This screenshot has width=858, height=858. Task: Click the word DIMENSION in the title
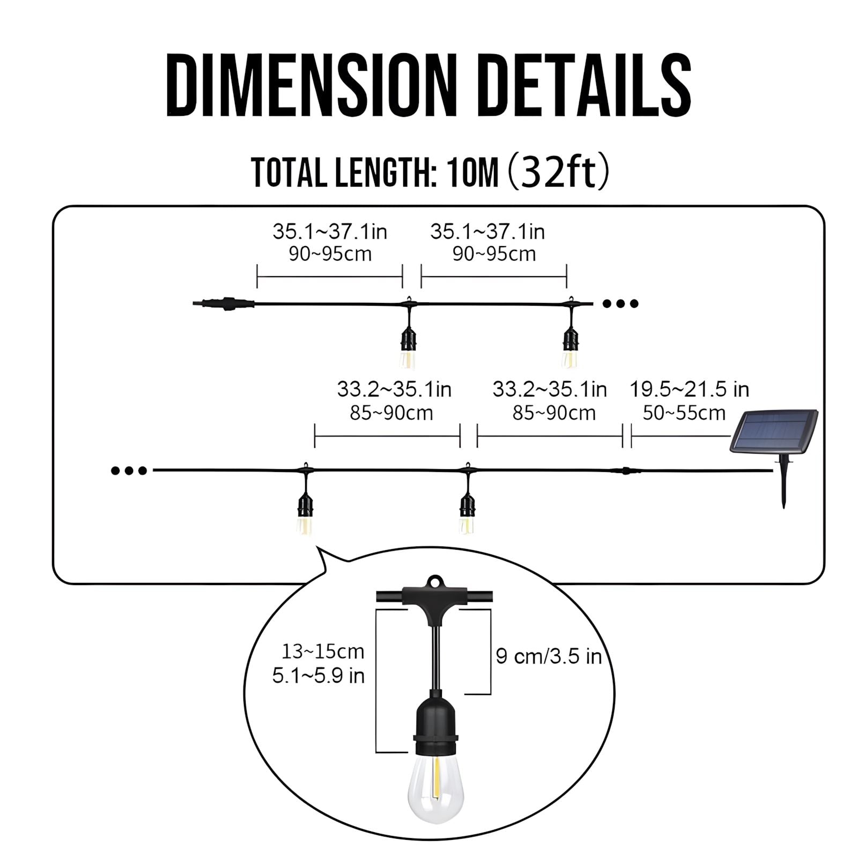[310, 85]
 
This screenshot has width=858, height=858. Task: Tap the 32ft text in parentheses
[558, 173]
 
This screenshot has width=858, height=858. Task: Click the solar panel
[774, 431]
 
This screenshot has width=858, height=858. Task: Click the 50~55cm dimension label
[684, 413]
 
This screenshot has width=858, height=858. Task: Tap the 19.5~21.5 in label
[689, 389]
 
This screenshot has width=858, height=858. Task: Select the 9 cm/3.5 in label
[549, 656]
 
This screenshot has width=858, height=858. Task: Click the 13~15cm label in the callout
[323, 652]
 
